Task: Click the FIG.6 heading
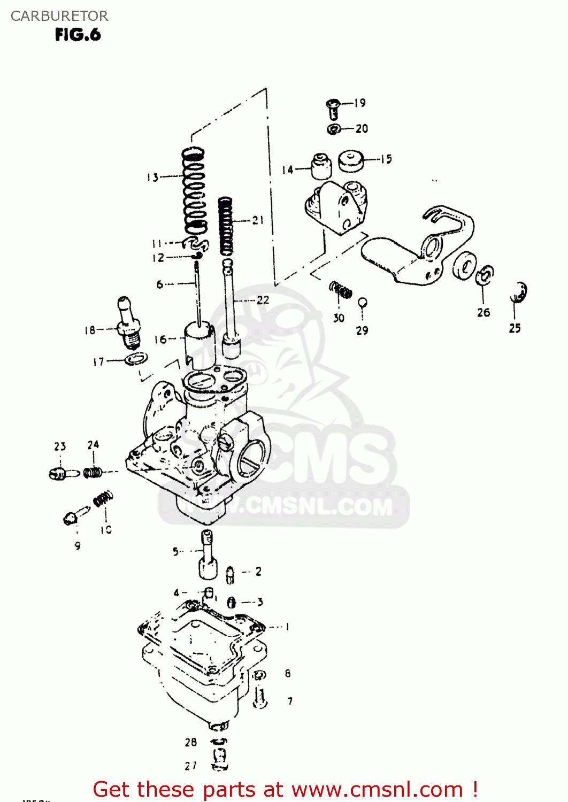click(x=78, y=35)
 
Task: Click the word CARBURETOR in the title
click(x=59, y=16)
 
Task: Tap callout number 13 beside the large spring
click(x=152, y=177)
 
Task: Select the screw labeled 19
click(x=333, y=109)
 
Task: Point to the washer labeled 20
click(x=334, y=129)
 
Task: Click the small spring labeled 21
click(x=226, y=225)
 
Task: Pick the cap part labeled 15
click(x=351, y=161)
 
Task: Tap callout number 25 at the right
click(x=515, y=328)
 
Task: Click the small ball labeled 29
click(x=362, y=303)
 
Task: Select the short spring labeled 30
click(x=341, y=290)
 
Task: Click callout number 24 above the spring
click(x=93, y=445)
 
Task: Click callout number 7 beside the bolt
click(x=290, y=701)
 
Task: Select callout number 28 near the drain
click(x=191, y=742)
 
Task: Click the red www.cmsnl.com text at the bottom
click(x=377, y=789)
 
